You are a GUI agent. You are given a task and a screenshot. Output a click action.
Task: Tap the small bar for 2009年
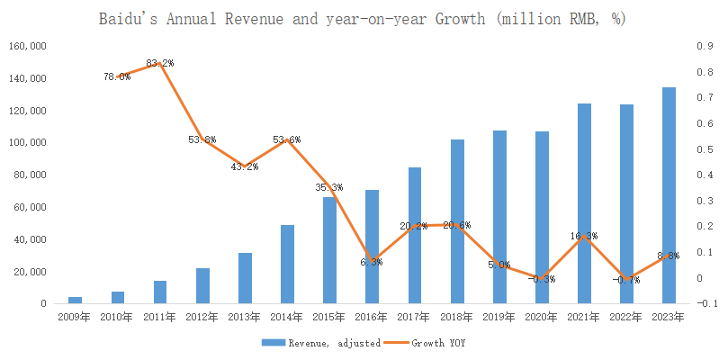click(x=76, y=300)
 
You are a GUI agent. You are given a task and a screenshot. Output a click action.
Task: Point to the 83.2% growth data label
click(x=160, y=63)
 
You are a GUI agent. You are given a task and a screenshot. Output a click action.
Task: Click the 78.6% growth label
click(x=117, y=76)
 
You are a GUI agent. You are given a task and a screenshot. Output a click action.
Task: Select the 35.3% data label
click(x=329, y=187)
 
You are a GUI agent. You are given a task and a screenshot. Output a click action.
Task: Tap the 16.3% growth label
click(x=585, y=236)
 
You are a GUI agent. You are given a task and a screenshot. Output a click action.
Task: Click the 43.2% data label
click(x=245, y=166)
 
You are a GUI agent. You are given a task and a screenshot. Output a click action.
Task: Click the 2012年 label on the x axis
click(x=202, y=318)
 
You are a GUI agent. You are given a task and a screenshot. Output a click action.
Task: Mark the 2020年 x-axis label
click(x=542, y=318)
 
